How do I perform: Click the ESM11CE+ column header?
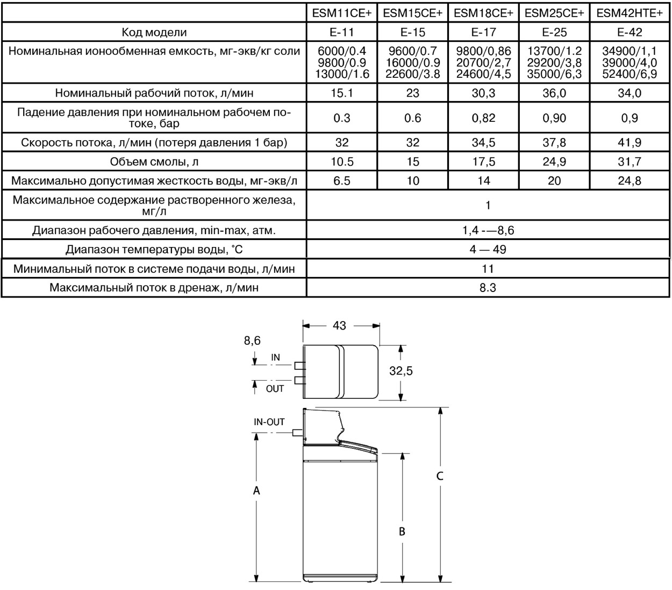click(x=341, y=13)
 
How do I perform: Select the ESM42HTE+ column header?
click(x=630, y=13)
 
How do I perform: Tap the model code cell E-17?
click(x=483, y=32)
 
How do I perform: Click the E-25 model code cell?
click(x=554, y=32)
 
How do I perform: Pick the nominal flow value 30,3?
click(x=483, y=93)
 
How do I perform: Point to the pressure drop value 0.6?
click(x=412, y=118)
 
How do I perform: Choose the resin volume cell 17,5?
click(x=483, y=162)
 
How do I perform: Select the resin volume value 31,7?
click(x=630, y=162)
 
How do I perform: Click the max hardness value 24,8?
click(x=630, y=181)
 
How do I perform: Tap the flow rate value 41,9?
click(x=630, y=143)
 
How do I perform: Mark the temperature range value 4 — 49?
click(x=488, y=250)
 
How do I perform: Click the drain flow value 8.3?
click(x=488, y=288)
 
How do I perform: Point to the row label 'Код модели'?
click(x=154, y=32)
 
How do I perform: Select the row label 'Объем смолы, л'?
click(x=154, y=162)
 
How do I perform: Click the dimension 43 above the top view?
click(x=340, y=325)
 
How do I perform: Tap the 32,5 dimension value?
click(x=401, y=371)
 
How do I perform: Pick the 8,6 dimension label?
click(x=252, y=340)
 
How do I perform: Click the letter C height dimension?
click(x=440, y=476)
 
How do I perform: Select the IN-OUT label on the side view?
click(x=269, y=422)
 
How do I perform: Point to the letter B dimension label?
click(x=402, y=531)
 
